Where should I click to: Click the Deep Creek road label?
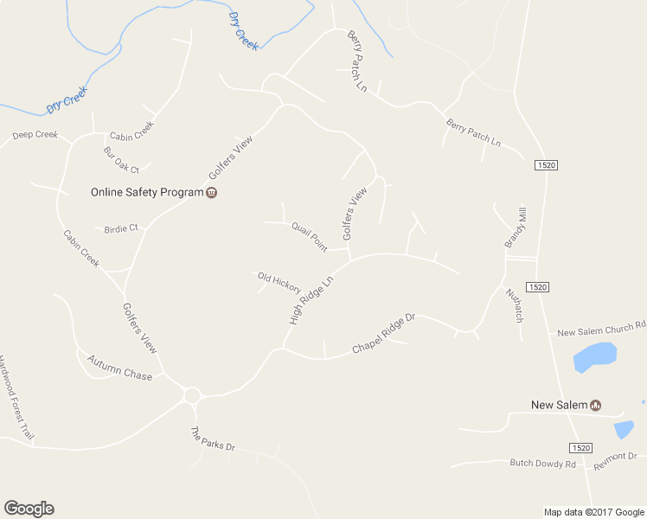(x=35, y=135)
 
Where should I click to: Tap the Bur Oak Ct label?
(x=121, y=161)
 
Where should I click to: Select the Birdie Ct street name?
(x=121, y=228)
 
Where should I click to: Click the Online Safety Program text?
(x=146, y=192)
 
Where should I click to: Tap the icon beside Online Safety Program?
(x=211, y=192)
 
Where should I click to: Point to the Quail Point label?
(x=309, y=236)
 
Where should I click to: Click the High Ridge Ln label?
(x=311, y=301)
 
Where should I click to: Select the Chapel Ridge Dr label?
(x=383, y=334)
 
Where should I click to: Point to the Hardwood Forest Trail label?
(x=16, y=400)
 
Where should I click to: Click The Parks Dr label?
(x=212, y=440)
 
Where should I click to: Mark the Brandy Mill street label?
(x=516, y=227)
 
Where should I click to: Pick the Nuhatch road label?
(x=515, y=304)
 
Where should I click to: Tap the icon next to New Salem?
(x=595, y=405)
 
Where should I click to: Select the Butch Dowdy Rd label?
(x=542, y=465)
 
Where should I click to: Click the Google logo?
(x=29, y=509)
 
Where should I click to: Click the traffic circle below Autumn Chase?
(x=192, y=396)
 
